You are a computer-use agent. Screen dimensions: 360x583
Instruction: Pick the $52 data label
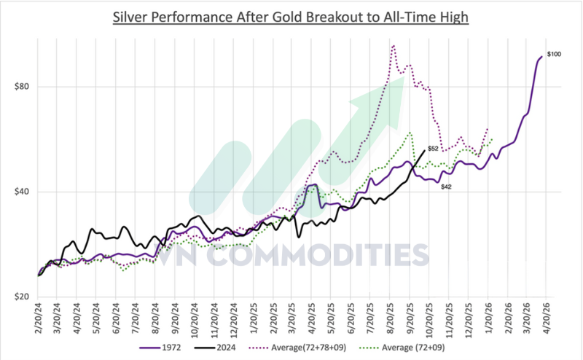tap(432, 149)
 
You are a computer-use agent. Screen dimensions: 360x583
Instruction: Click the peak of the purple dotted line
tap(394, 46)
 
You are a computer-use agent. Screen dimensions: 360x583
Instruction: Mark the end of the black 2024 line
tap(425, 150)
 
